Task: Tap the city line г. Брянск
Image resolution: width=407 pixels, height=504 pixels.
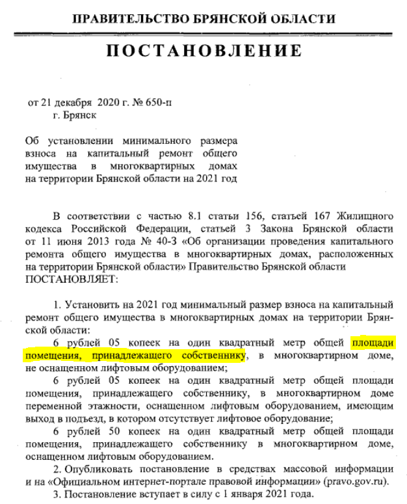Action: click(76, 114)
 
